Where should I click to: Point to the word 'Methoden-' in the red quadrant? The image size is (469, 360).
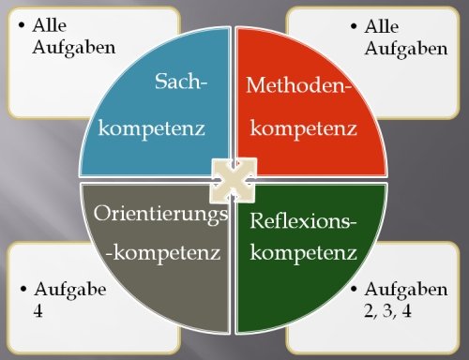point(297,86)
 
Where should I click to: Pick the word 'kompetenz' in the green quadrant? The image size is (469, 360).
point(306,252)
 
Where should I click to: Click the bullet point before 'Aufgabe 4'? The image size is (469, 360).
point(22,290)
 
